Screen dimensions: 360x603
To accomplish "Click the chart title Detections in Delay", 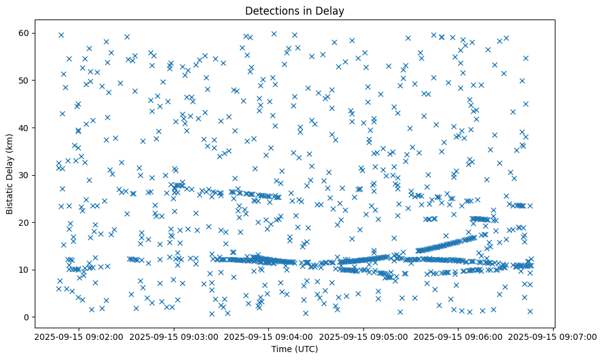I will click(294, 10).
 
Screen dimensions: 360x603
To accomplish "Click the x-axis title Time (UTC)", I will click(294, 350).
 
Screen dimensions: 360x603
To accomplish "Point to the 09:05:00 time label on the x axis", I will click(363, 337).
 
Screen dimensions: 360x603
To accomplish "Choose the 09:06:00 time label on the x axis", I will click(458, 337).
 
